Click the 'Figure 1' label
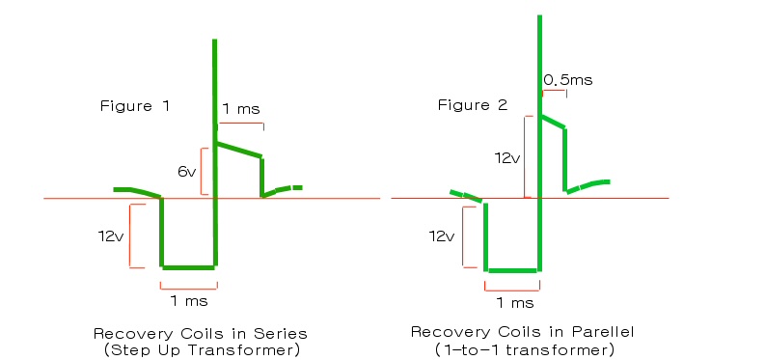tap(135, 106)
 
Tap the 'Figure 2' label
tap(473, 105)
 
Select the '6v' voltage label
tap(186, 171)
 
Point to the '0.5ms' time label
tap(568, 80)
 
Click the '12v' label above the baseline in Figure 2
tap(507, 158)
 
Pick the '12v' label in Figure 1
tap(110, 236)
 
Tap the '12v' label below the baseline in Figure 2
tap(442, 236)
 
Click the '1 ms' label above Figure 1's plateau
tap(241, 109)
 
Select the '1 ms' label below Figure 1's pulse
tap(189, 301)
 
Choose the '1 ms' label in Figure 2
tap(515, 303)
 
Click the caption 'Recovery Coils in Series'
tap(201, 334)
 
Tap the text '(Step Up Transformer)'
tap(202, 350)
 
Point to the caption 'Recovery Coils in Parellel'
tap(523, 332)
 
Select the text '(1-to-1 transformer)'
tap(524, 349)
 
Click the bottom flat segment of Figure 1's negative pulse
tap(188, 267)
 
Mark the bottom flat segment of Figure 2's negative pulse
tap(513, 270)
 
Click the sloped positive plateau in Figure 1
tap(239, 150)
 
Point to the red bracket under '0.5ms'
tap(555, 91)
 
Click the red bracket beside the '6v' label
tap(202, 171)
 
